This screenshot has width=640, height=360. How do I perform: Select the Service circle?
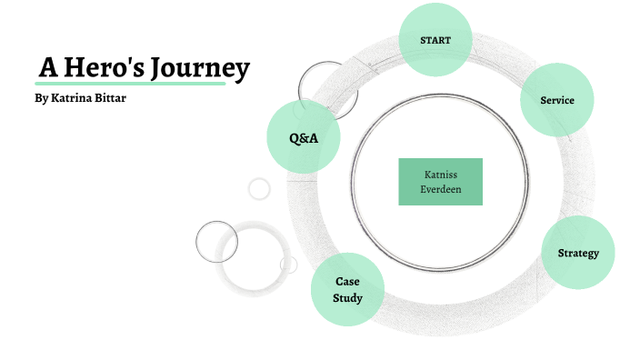pyautogui.click(x=557, y=99)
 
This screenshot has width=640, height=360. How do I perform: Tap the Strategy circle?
pyautogui.click(x=578, y=253)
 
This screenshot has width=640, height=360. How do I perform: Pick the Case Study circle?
pyautogui.click(x=347, y=289)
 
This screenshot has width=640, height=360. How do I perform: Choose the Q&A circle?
pyautogui.click(x=303, y=138)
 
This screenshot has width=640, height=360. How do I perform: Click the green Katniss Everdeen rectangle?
pyautogui.click(x=440, y=181)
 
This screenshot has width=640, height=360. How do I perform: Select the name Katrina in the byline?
pyautogui.click(x=75, y=97)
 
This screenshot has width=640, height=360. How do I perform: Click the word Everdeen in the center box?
pyautogui.click(x=440, y=189)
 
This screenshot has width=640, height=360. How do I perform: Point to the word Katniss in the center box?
pyautogui.click(x=440, y=174)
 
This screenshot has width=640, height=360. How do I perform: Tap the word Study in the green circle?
pyautogui.click(x=347, y=297)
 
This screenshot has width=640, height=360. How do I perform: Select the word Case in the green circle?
pyautogui.click(x=347, y=282)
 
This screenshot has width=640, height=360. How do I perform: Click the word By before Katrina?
pyautogui.click(x=39, y=97)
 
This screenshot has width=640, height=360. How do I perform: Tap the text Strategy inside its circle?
pyautogui.click(x=578, y=253)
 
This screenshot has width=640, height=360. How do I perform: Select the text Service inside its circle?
pyautogui.click(x=557, y=100)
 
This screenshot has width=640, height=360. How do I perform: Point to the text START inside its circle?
pyautogui.click(x=435, y=41)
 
